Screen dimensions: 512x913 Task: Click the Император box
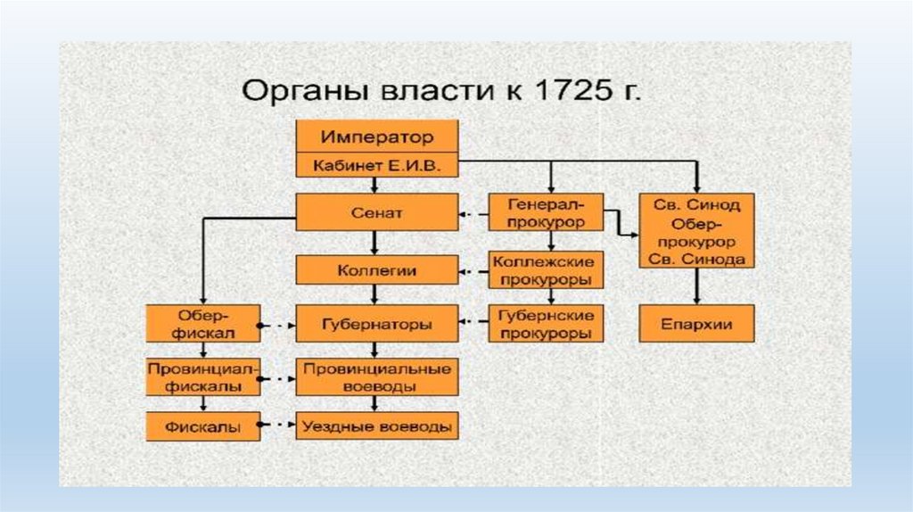377,137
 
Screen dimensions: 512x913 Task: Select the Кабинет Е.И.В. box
377,165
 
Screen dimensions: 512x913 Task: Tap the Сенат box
377,213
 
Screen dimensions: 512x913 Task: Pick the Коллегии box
377,269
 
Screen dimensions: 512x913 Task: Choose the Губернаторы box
377,325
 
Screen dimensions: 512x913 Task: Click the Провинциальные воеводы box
377,377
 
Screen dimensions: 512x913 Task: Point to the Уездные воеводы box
377,426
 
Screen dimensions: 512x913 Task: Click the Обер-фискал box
203,325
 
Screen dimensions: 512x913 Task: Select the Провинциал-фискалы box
203,377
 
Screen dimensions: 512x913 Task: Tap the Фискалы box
203,426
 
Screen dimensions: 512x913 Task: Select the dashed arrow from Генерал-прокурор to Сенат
473,213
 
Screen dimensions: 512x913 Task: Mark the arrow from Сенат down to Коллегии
377,244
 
